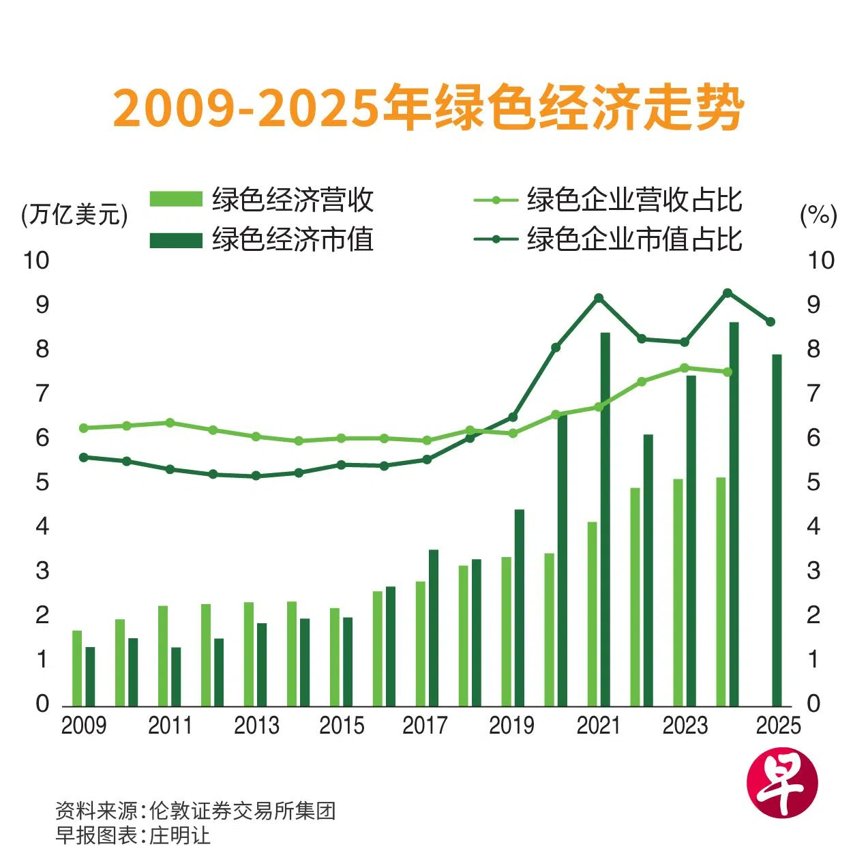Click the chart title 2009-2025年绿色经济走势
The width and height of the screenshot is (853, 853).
click(428, 108)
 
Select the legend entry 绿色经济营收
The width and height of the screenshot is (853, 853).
click(262, 200)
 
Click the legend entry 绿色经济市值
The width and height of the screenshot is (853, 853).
click(262, 239)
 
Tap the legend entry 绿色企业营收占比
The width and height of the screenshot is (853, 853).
click(608, 200)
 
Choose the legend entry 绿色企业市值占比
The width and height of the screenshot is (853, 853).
click(608, 239)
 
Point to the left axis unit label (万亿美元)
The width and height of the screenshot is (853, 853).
click(74, 215)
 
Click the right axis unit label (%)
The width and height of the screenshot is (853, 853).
click(818, 215)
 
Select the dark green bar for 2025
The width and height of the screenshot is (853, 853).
click(776, 530)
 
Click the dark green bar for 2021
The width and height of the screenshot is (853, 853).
click(605, 518)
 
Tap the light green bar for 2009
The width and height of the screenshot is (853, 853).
click(77, 668)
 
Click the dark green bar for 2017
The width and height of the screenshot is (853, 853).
click(433, 627)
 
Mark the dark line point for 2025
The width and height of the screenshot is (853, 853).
click(770, 322)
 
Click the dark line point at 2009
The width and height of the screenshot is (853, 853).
click(84, 458)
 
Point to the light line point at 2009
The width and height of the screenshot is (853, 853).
click(84, 428)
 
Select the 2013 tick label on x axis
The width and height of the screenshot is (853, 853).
click(256, 725)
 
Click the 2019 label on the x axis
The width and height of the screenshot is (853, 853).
click(511, 725)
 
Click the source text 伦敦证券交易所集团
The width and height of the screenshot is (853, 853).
click(242, 811)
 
